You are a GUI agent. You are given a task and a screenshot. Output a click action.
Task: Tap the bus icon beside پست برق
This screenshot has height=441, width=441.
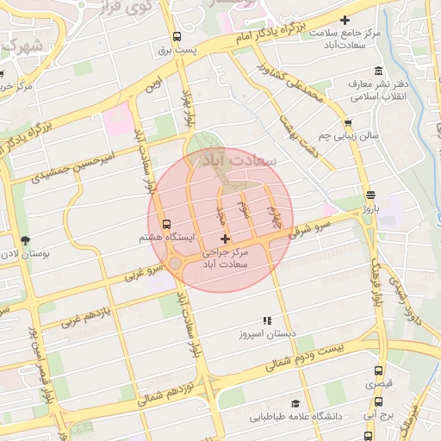click(x=177, y=37)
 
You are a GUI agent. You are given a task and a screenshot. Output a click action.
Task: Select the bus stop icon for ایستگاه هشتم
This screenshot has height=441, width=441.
click(x=166, y=223)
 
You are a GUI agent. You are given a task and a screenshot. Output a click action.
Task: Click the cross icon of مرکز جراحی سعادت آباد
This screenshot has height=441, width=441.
click(x=226, y=238)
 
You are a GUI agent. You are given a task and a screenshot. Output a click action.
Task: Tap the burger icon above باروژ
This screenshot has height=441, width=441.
click(x=370, y=195)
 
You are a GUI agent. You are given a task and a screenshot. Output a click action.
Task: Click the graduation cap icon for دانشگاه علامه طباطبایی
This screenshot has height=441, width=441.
click(x=295, y=403)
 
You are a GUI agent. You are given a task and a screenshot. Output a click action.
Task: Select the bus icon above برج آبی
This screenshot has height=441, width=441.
click(x=379, y=401)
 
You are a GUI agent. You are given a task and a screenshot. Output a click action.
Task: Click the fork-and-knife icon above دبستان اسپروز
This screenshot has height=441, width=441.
click(x=267, y=320)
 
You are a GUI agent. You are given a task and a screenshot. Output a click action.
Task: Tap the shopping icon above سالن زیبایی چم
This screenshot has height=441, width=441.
click(x=348, y=123)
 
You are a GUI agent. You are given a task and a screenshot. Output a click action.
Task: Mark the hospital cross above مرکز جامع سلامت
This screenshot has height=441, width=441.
click(x=346, y=20)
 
